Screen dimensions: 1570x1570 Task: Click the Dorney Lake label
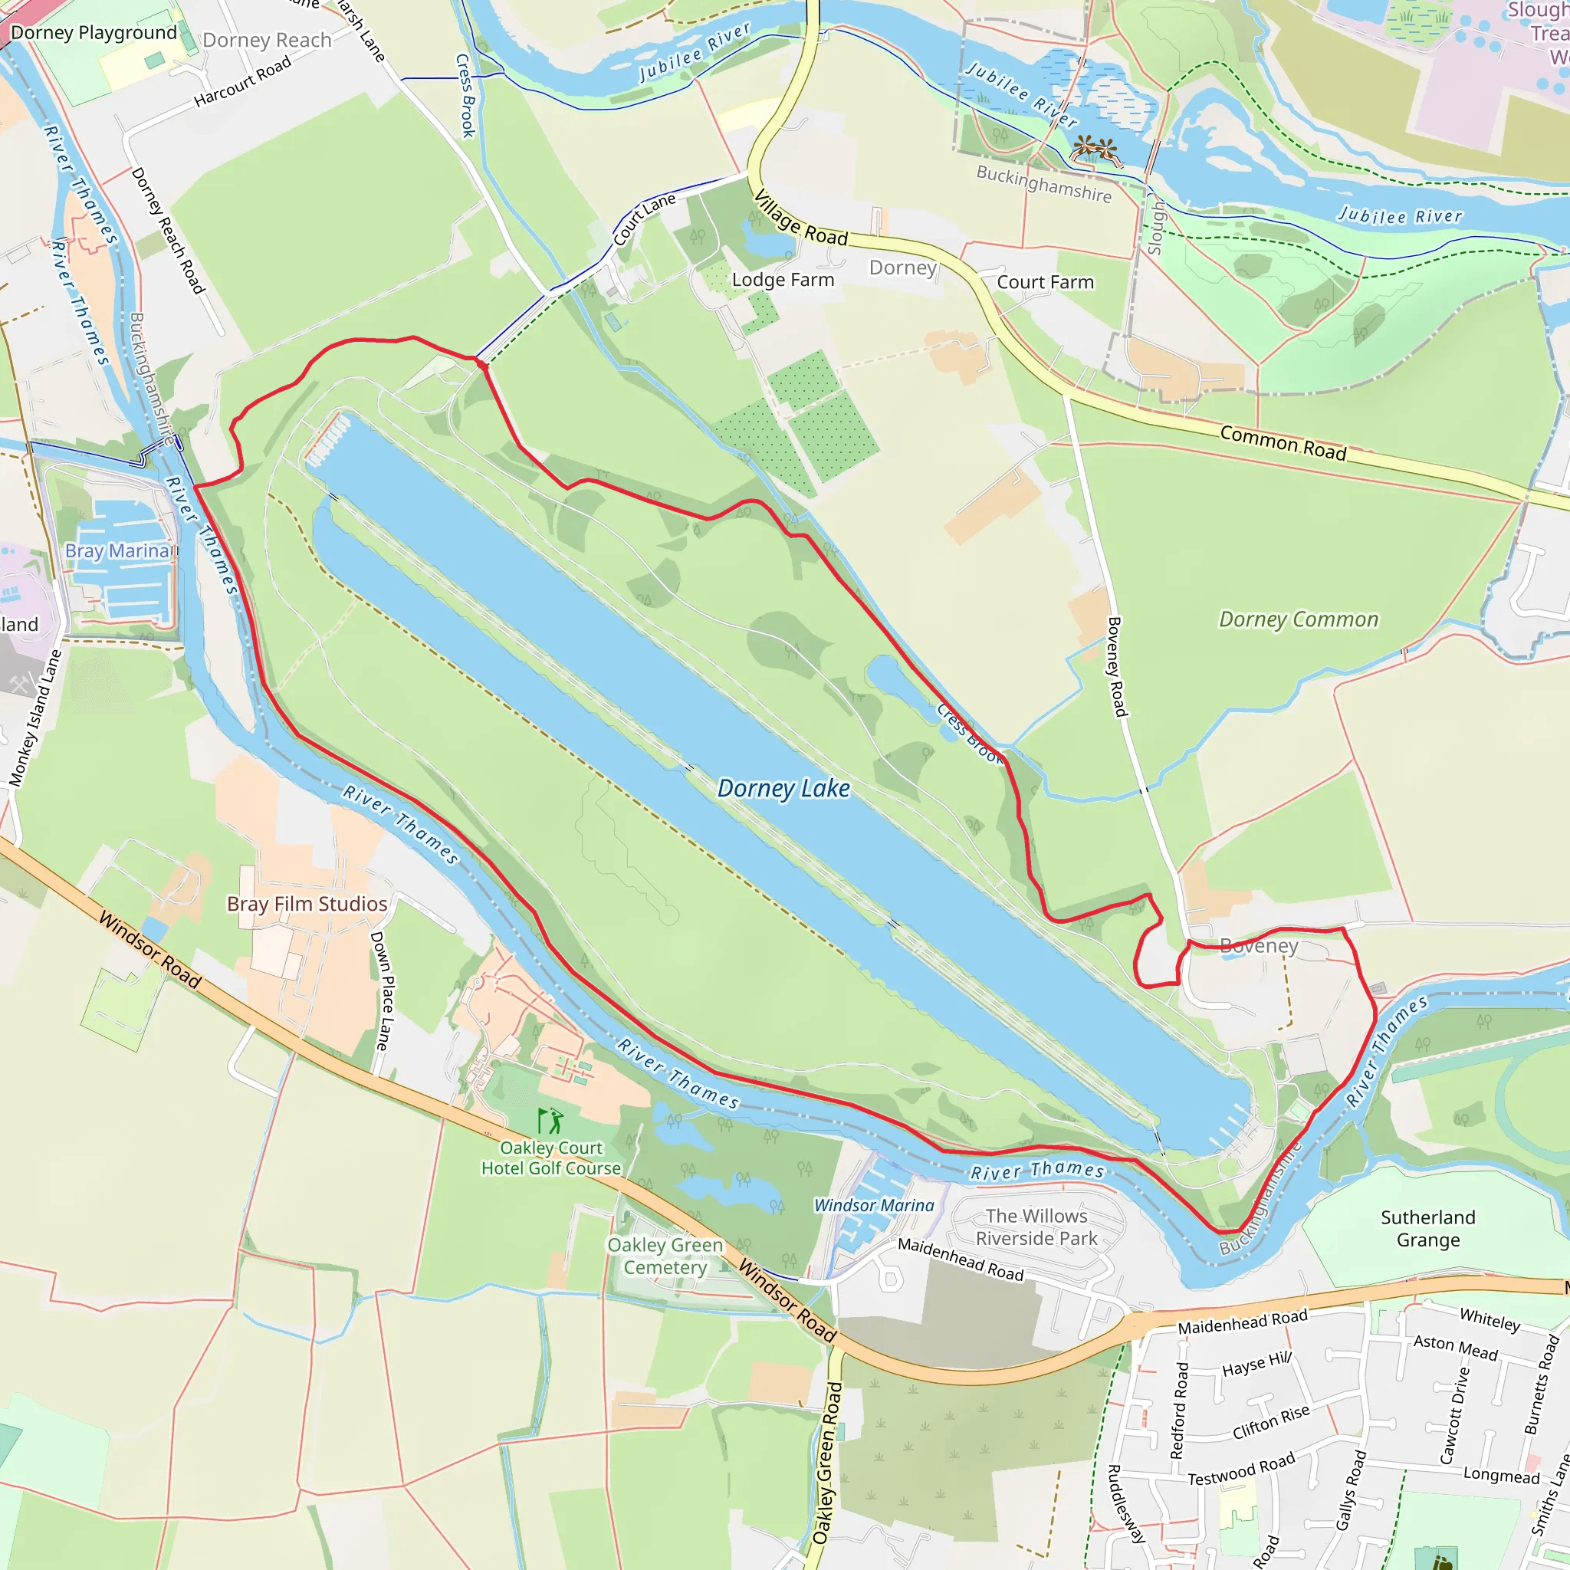783,788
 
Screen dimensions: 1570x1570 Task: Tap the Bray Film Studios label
307,904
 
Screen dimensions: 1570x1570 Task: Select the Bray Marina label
118,551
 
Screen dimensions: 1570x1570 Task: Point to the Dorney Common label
1299,619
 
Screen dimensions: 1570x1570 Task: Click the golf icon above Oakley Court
551,1122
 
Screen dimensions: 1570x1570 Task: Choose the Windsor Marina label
875,1205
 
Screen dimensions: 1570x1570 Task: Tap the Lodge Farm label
783,280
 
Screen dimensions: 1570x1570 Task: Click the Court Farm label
1045,282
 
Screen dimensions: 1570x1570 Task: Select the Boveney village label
1259,946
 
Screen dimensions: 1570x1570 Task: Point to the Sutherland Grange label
1427,1229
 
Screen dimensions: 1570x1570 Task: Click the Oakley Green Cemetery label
665,1256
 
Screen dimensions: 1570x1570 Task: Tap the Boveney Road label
1118,666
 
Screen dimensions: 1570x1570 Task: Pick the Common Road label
1283,443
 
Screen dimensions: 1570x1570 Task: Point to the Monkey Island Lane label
35,718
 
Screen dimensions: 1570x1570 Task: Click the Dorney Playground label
94,33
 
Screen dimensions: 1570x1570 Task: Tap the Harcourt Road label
242,82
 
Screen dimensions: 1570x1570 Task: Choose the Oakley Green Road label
828,1463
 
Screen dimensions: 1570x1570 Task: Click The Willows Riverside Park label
1036,1227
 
